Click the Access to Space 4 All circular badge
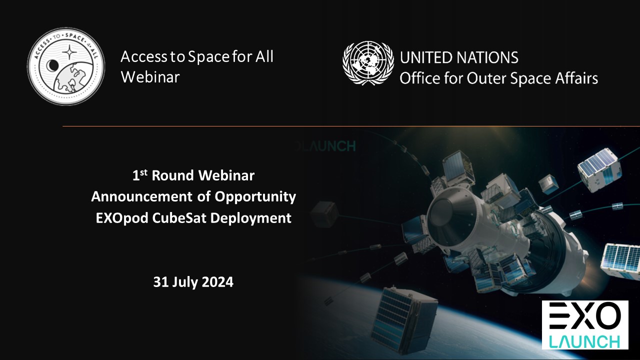66,66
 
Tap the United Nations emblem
368,63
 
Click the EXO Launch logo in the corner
585,325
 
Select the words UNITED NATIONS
459,57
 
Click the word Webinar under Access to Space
150,77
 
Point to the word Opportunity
255,197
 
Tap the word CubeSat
179,218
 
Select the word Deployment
251,218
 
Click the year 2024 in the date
217,282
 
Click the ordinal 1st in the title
139,175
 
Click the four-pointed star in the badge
69,53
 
